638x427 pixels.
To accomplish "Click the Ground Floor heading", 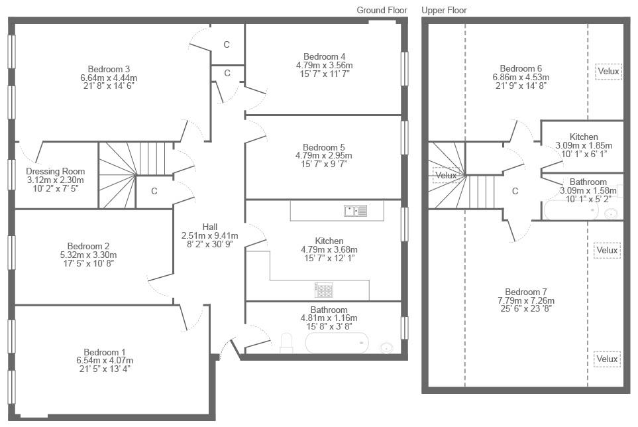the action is (382, 10).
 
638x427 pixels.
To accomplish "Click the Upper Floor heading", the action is (444, 10).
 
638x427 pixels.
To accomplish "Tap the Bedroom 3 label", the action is (109, 69).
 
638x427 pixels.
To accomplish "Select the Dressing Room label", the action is (56, 171).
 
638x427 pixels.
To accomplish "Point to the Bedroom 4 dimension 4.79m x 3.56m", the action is (324, 65).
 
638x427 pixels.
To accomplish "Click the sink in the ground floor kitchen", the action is (355, 210).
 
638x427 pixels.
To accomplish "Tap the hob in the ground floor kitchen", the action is (324, 290).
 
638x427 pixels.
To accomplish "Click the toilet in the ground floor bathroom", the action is (286, 343).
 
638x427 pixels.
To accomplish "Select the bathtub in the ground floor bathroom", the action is (337, 343).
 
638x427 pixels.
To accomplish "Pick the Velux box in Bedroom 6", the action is (608, 71).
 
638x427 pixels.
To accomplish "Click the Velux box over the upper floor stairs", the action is (446, 176).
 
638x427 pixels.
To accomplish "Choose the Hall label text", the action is (210, 227).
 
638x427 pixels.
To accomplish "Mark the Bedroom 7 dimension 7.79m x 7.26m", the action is (526, 300).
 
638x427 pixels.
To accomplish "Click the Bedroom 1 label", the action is (105, 352).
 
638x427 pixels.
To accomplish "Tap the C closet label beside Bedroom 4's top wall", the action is (227, 44).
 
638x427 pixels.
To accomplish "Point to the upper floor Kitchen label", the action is (584, 137).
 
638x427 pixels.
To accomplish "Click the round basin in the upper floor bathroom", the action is (611, 213).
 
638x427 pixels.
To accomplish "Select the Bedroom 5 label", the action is (324, 147).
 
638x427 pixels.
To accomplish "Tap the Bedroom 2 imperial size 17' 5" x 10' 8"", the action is (88, 263).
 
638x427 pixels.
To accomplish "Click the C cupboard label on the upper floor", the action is (515, 191).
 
